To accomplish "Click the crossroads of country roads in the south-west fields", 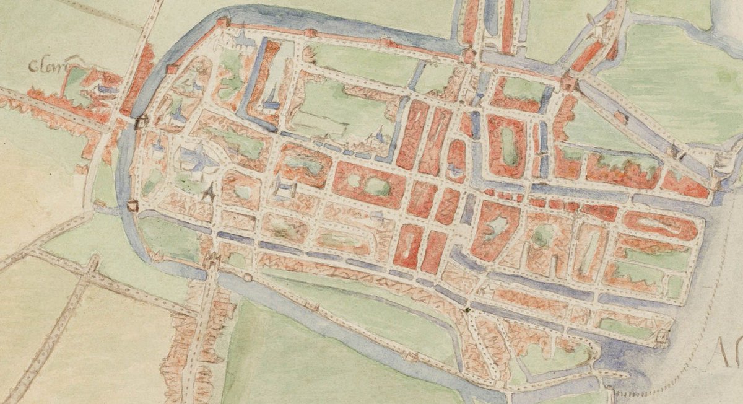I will (90, 268).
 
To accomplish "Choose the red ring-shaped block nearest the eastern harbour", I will (660, 226).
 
